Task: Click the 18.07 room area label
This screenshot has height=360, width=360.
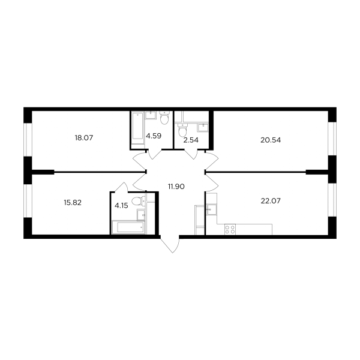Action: coord(84,138)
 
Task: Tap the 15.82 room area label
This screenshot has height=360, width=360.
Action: coord(73,203)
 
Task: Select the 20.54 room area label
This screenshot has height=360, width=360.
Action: coord(271,140)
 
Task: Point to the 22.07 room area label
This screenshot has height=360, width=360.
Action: coord(271,201)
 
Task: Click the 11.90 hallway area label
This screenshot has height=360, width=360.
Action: coord(176,187)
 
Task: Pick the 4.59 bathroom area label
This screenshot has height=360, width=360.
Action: coord(154,136)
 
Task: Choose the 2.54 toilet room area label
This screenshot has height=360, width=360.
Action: coord(191,140)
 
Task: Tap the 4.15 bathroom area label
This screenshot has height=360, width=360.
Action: coord(121,205)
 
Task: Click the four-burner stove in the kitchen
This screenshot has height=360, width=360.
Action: coord(230,229)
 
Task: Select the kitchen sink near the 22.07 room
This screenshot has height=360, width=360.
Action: coord(211,209)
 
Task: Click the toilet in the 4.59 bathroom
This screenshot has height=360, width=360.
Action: coord(164,118)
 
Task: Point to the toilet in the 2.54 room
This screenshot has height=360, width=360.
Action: coord(183,130)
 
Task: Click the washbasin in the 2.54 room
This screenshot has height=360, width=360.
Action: coord(203,128)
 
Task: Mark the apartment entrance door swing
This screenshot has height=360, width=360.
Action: coord(170,244)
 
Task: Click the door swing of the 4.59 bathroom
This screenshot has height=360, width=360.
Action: coord(154,154)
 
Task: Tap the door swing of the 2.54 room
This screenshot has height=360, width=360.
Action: coord(191,154)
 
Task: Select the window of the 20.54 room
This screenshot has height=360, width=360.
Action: coord(332,139)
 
